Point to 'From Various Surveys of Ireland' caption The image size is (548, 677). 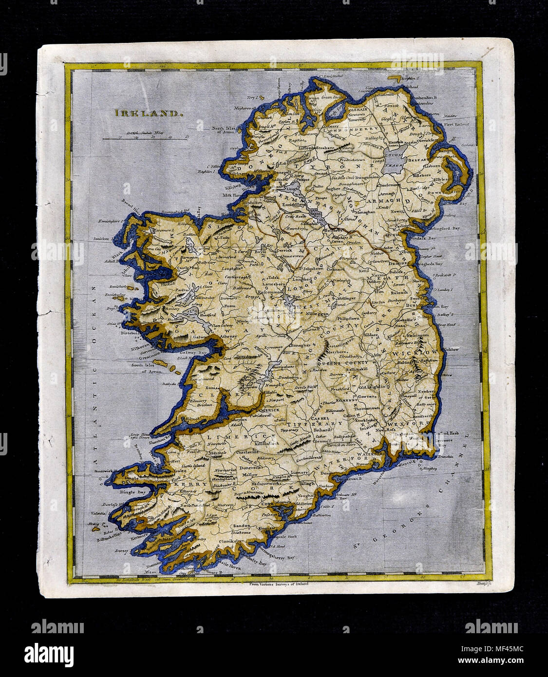tap(275, 583)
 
